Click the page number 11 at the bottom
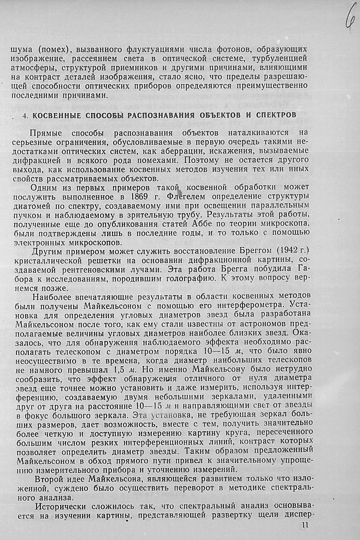(305, 525)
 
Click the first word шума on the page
(21, 49)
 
